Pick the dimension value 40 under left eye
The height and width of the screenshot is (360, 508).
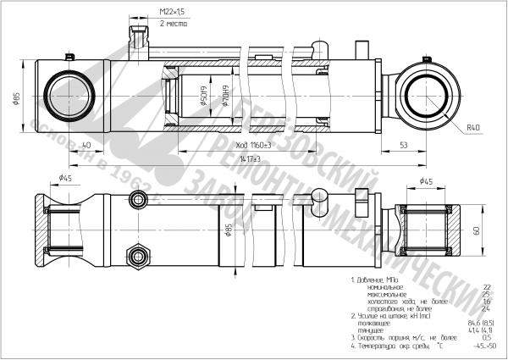pos(86,146)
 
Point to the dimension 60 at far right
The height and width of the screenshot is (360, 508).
pos(477,230)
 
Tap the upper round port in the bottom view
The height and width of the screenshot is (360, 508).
pos(137,200)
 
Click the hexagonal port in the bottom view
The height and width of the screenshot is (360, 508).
pos(136,254)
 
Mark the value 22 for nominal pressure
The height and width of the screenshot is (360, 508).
pos(486,287)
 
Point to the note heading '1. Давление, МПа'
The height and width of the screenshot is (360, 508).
pos(378,279)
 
